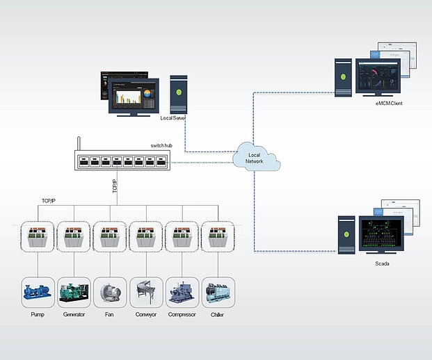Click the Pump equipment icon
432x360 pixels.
(38, 293)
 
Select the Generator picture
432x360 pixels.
(74, 293)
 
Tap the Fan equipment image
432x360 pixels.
(110, 293)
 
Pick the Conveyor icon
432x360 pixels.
(146, 293)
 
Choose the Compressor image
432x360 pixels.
(182, 293)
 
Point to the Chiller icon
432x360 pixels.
(218, 293)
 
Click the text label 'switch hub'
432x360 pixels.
(162, 145)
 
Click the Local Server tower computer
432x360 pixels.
(179, 95)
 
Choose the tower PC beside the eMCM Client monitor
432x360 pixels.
(344, 77)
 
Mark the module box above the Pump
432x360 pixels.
(38, 236)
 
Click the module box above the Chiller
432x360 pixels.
(218, 236)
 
